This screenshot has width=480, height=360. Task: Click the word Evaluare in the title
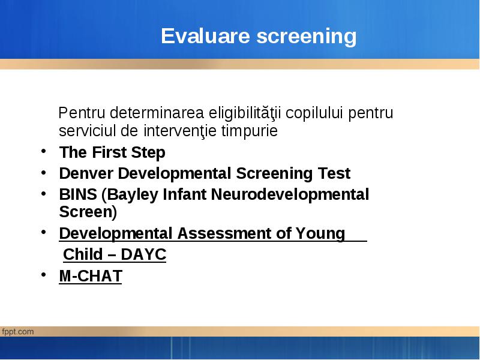click(205, 36)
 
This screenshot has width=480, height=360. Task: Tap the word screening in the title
click(307, 37)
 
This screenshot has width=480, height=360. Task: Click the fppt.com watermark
click(17, 332)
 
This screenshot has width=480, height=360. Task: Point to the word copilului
click(314, 113)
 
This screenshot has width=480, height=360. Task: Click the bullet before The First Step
click(43, 151)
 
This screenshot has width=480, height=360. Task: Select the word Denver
click(86, 173)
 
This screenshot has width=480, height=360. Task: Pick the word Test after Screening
click(334, 173)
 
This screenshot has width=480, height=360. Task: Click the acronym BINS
click(78, 194)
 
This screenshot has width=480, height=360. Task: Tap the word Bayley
click(130, 195)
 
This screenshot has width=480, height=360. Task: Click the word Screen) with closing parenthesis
click(88, 212)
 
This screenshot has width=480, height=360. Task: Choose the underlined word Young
click(320, 233)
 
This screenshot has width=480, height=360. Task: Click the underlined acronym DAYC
click(143, 254)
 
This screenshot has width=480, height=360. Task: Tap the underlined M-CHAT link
click(91, 276)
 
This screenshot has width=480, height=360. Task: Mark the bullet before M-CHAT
click(43, 274)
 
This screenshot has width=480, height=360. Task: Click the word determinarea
click(157, 113)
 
